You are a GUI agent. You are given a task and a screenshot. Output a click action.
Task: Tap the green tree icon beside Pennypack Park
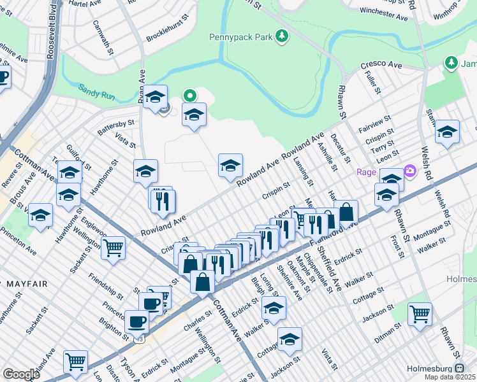281,37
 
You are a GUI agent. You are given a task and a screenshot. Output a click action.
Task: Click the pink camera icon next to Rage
409,171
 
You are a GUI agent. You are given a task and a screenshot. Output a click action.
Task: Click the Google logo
21,374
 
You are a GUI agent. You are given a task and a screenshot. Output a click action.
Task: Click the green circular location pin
189,95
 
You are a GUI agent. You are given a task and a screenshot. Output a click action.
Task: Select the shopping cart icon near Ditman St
420,314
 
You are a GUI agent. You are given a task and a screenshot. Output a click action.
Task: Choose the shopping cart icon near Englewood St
114,247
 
